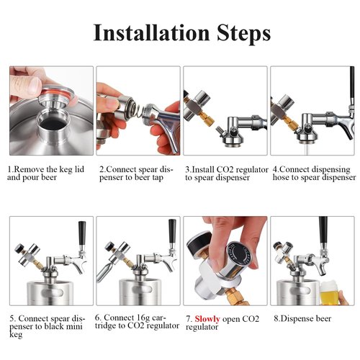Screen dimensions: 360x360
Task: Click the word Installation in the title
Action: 151,33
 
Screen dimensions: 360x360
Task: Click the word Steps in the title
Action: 244,35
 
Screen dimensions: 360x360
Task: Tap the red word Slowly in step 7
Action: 207,319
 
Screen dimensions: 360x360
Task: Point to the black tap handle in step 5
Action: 82,233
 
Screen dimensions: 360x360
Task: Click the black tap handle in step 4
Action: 352,85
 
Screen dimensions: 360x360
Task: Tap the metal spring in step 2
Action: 138,111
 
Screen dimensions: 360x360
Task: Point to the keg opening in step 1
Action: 53,122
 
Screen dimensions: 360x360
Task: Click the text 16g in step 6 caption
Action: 140,318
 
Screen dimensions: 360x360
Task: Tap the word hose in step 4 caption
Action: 281,177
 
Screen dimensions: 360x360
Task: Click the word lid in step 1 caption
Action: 79,169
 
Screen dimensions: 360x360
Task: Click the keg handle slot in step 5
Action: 52,292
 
